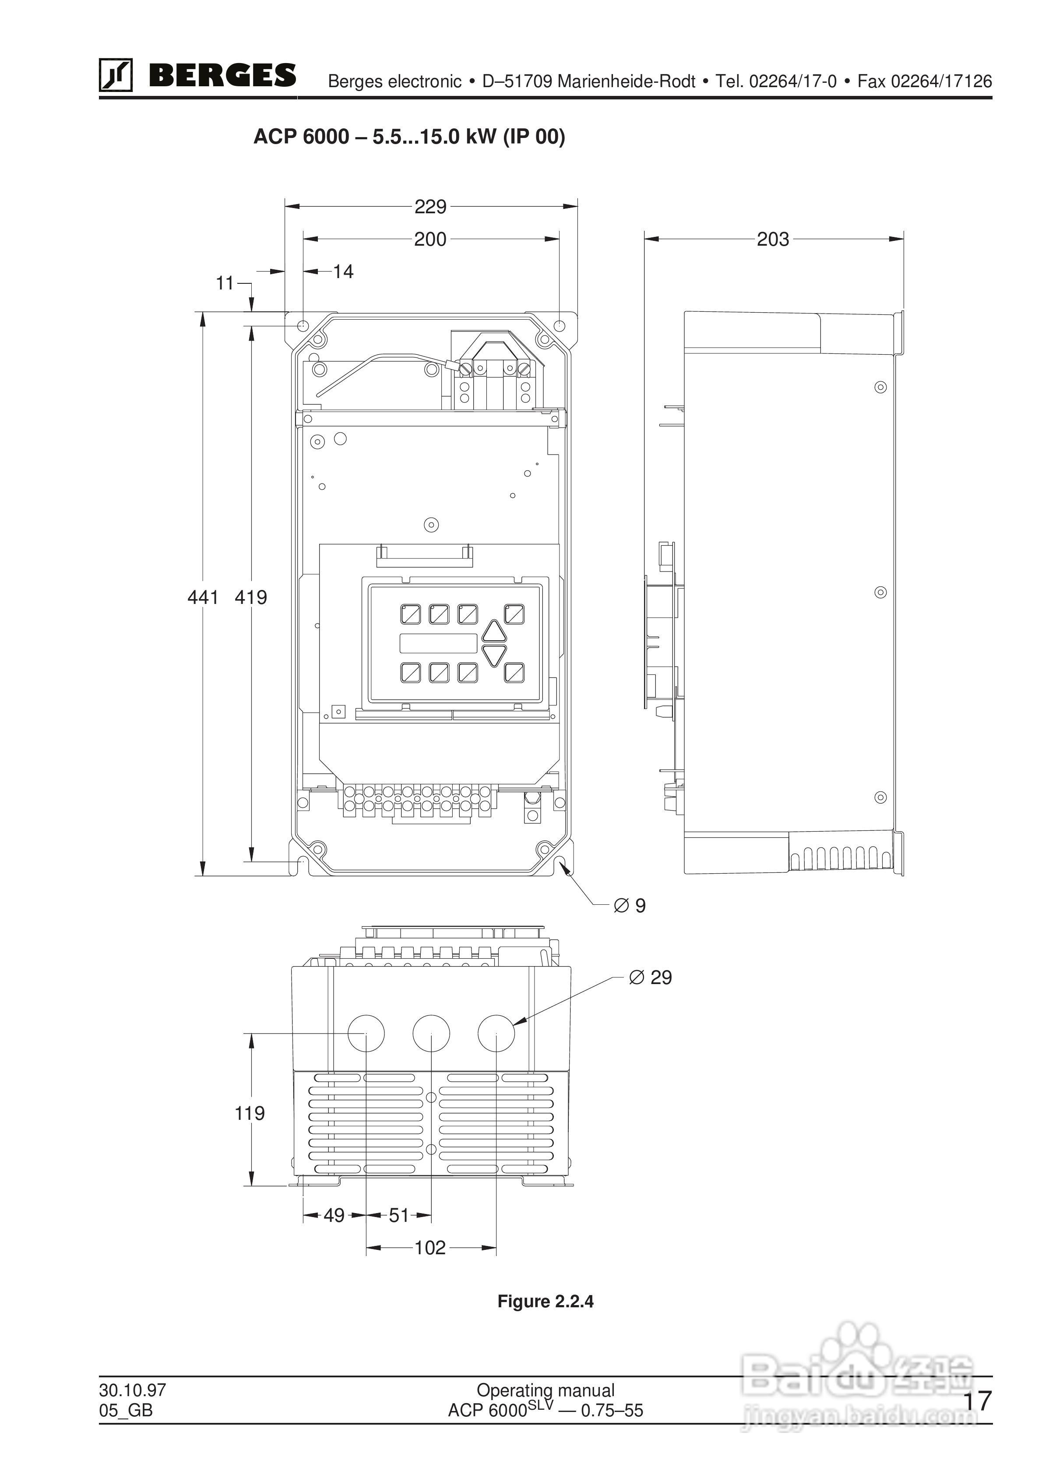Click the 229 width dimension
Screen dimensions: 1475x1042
430,206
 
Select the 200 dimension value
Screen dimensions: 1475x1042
430,239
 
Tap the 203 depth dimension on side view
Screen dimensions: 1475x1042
772,239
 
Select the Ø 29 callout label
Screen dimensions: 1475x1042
650,978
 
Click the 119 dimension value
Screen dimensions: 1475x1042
249,1113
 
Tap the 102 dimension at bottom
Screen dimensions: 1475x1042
430,1248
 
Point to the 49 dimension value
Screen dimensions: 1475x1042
334,1215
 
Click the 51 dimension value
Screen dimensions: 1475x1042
399,1215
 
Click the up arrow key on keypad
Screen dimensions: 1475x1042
494,632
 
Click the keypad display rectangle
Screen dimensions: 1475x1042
438,643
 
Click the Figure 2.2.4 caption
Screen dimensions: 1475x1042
546,1302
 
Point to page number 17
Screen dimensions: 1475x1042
978,1401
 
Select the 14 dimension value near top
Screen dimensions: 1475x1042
343,272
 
